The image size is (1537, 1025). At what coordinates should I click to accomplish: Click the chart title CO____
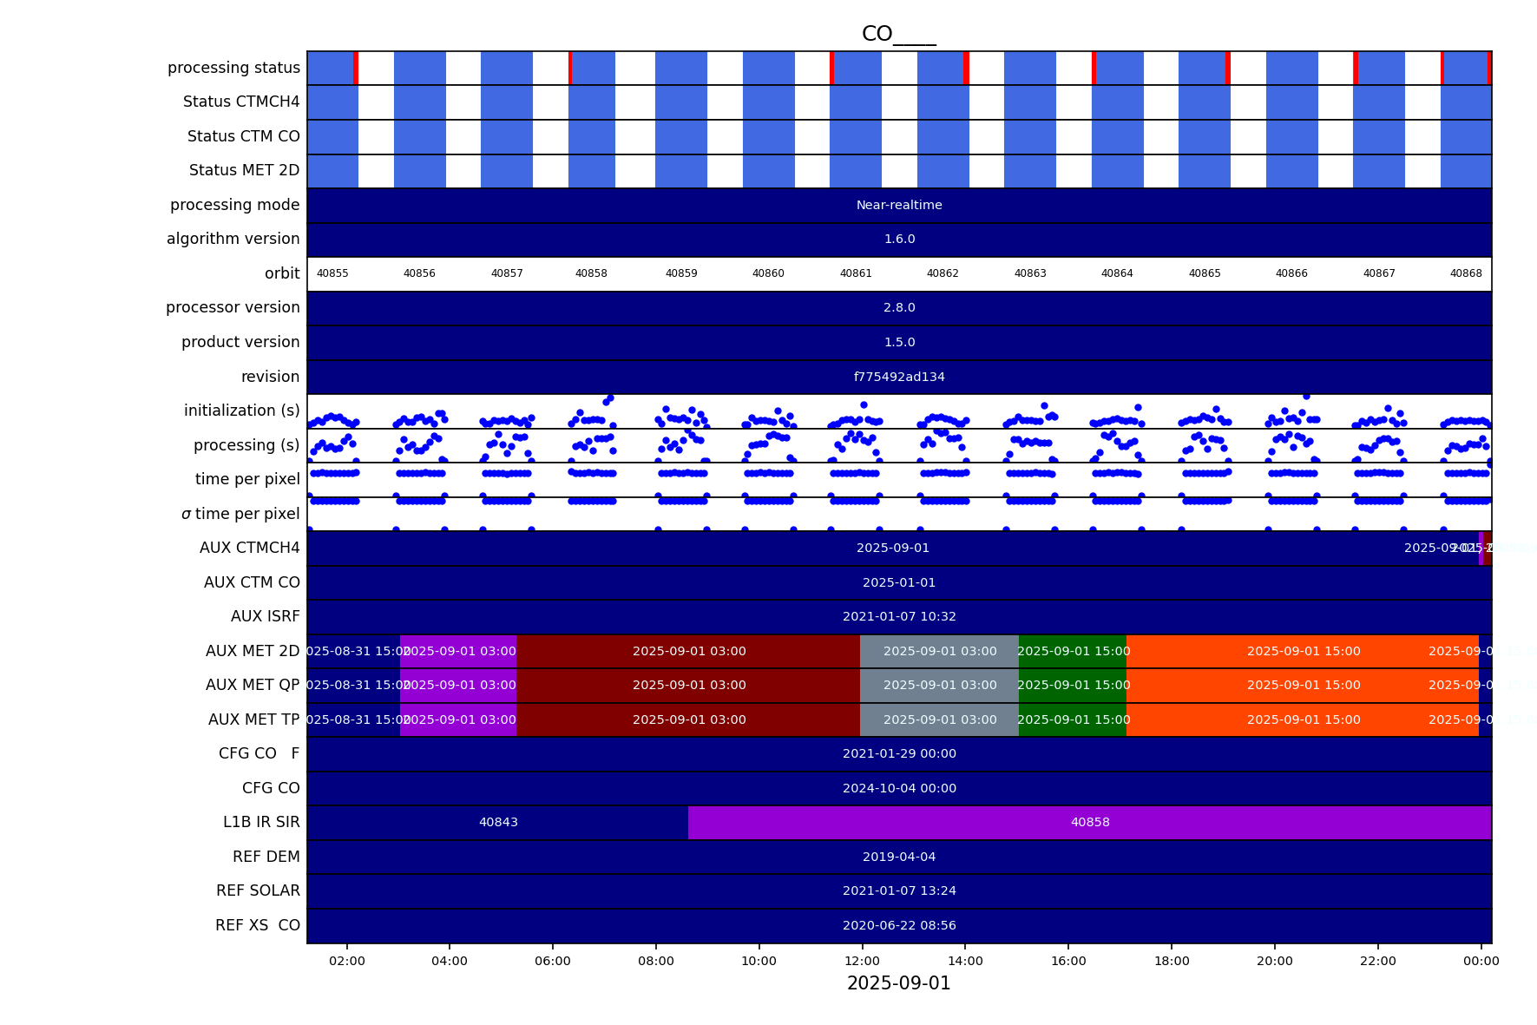coord(898,34)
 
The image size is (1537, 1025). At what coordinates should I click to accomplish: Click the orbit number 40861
coord(856,273)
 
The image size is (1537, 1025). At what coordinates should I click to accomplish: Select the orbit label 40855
coord(332,273)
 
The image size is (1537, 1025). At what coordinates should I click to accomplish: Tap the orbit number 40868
coord(1466,273)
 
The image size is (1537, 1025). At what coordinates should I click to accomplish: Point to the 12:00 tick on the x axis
coord(862,961)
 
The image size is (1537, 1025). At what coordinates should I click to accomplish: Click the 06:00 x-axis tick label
coord(553,961)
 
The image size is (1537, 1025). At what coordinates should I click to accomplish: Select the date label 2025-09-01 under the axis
coord(898,983)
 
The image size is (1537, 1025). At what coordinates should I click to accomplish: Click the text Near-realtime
coord(899,205)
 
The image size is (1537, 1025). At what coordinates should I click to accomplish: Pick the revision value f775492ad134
coord(899,377)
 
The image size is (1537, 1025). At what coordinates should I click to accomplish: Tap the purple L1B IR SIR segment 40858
coord(1090,822)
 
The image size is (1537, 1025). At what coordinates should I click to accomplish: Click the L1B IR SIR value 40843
coord(498,822)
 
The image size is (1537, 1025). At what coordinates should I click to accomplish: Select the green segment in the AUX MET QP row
coord(1073,685)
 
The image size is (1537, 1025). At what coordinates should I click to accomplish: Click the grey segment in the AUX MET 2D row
coord(940,651)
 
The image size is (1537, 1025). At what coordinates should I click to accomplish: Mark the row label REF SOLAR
coord(258,890)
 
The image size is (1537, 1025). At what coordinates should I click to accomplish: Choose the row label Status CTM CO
coord(243,136)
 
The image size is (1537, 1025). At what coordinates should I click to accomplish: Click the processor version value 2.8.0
coord(899,307)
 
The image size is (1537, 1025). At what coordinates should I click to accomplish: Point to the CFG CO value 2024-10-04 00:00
coord(899,788)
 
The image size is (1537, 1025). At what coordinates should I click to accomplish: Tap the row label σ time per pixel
coord(240,514)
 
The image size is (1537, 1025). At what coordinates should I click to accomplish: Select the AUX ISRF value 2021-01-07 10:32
coord(899,616)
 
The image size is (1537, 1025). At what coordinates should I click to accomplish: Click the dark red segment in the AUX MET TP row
coord(689,719)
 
